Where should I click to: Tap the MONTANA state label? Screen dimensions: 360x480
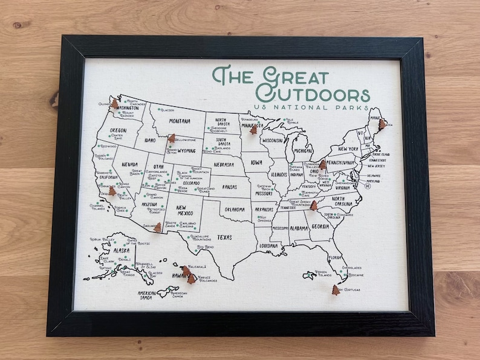coord(179,121)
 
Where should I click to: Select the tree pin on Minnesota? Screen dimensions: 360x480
coord(253,130)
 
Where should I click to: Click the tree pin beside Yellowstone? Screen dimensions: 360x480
coord(172,138)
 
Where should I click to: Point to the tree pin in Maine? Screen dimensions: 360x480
coord(381,124)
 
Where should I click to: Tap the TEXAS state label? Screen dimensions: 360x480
coord(224,237)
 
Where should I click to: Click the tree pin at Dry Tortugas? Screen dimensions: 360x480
coord(336,291)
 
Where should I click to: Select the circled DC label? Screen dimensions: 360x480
coord(367,186)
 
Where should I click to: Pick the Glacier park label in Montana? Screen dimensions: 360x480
coord(167,111)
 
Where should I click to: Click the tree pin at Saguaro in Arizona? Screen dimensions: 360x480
coord(158,227)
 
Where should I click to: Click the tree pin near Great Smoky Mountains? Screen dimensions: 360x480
coord(314,205)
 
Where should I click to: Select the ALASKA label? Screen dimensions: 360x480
coord(122,250)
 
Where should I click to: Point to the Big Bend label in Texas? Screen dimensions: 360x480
coord(206,246)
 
